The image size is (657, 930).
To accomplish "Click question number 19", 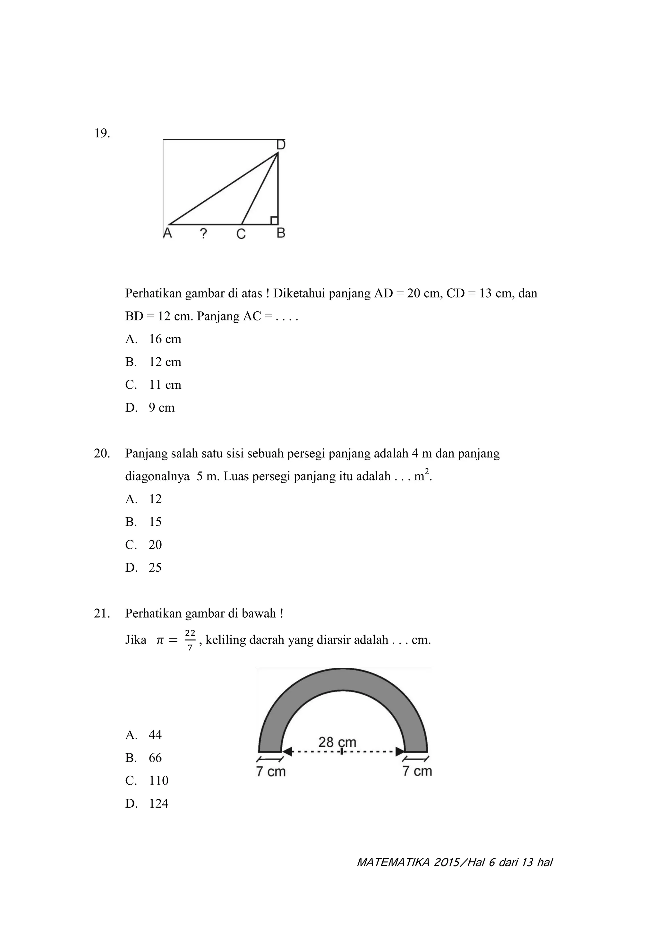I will [x=102, y=133].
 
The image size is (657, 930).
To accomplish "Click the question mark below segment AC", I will [x=204, y=233].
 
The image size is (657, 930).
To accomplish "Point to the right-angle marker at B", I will [x=274, y=220].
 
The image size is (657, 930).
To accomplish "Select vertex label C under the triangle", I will [x=241, y=234].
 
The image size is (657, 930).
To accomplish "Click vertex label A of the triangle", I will [x=167, y=233].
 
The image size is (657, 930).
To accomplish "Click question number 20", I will [x=102, y=453].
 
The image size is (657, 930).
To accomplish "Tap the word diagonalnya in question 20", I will [x=157, y=476].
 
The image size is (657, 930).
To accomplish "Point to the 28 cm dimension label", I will [x=337, y=742].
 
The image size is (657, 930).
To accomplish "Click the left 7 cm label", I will [x=271, y=771].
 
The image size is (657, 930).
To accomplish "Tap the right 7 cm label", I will [x=417, y=771].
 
